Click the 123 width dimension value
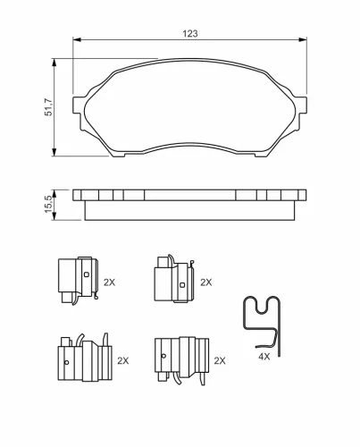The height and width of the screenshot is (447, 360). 190,33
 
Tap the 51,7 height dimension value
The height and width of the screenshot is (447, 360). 48,107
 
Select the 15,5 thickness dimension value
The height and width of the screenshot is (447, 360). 48,204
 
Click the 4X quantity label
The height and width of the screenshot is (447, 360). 264,356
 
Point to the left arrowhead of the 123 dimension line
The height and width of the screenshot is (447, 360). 77,39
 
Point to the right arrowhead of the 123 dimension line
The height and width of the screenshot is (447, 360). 303,39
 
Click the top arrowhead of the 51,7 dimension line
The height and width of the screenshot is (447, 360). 54,63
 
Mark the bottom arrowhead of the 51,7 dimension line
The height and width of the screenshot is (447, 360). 54,152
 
